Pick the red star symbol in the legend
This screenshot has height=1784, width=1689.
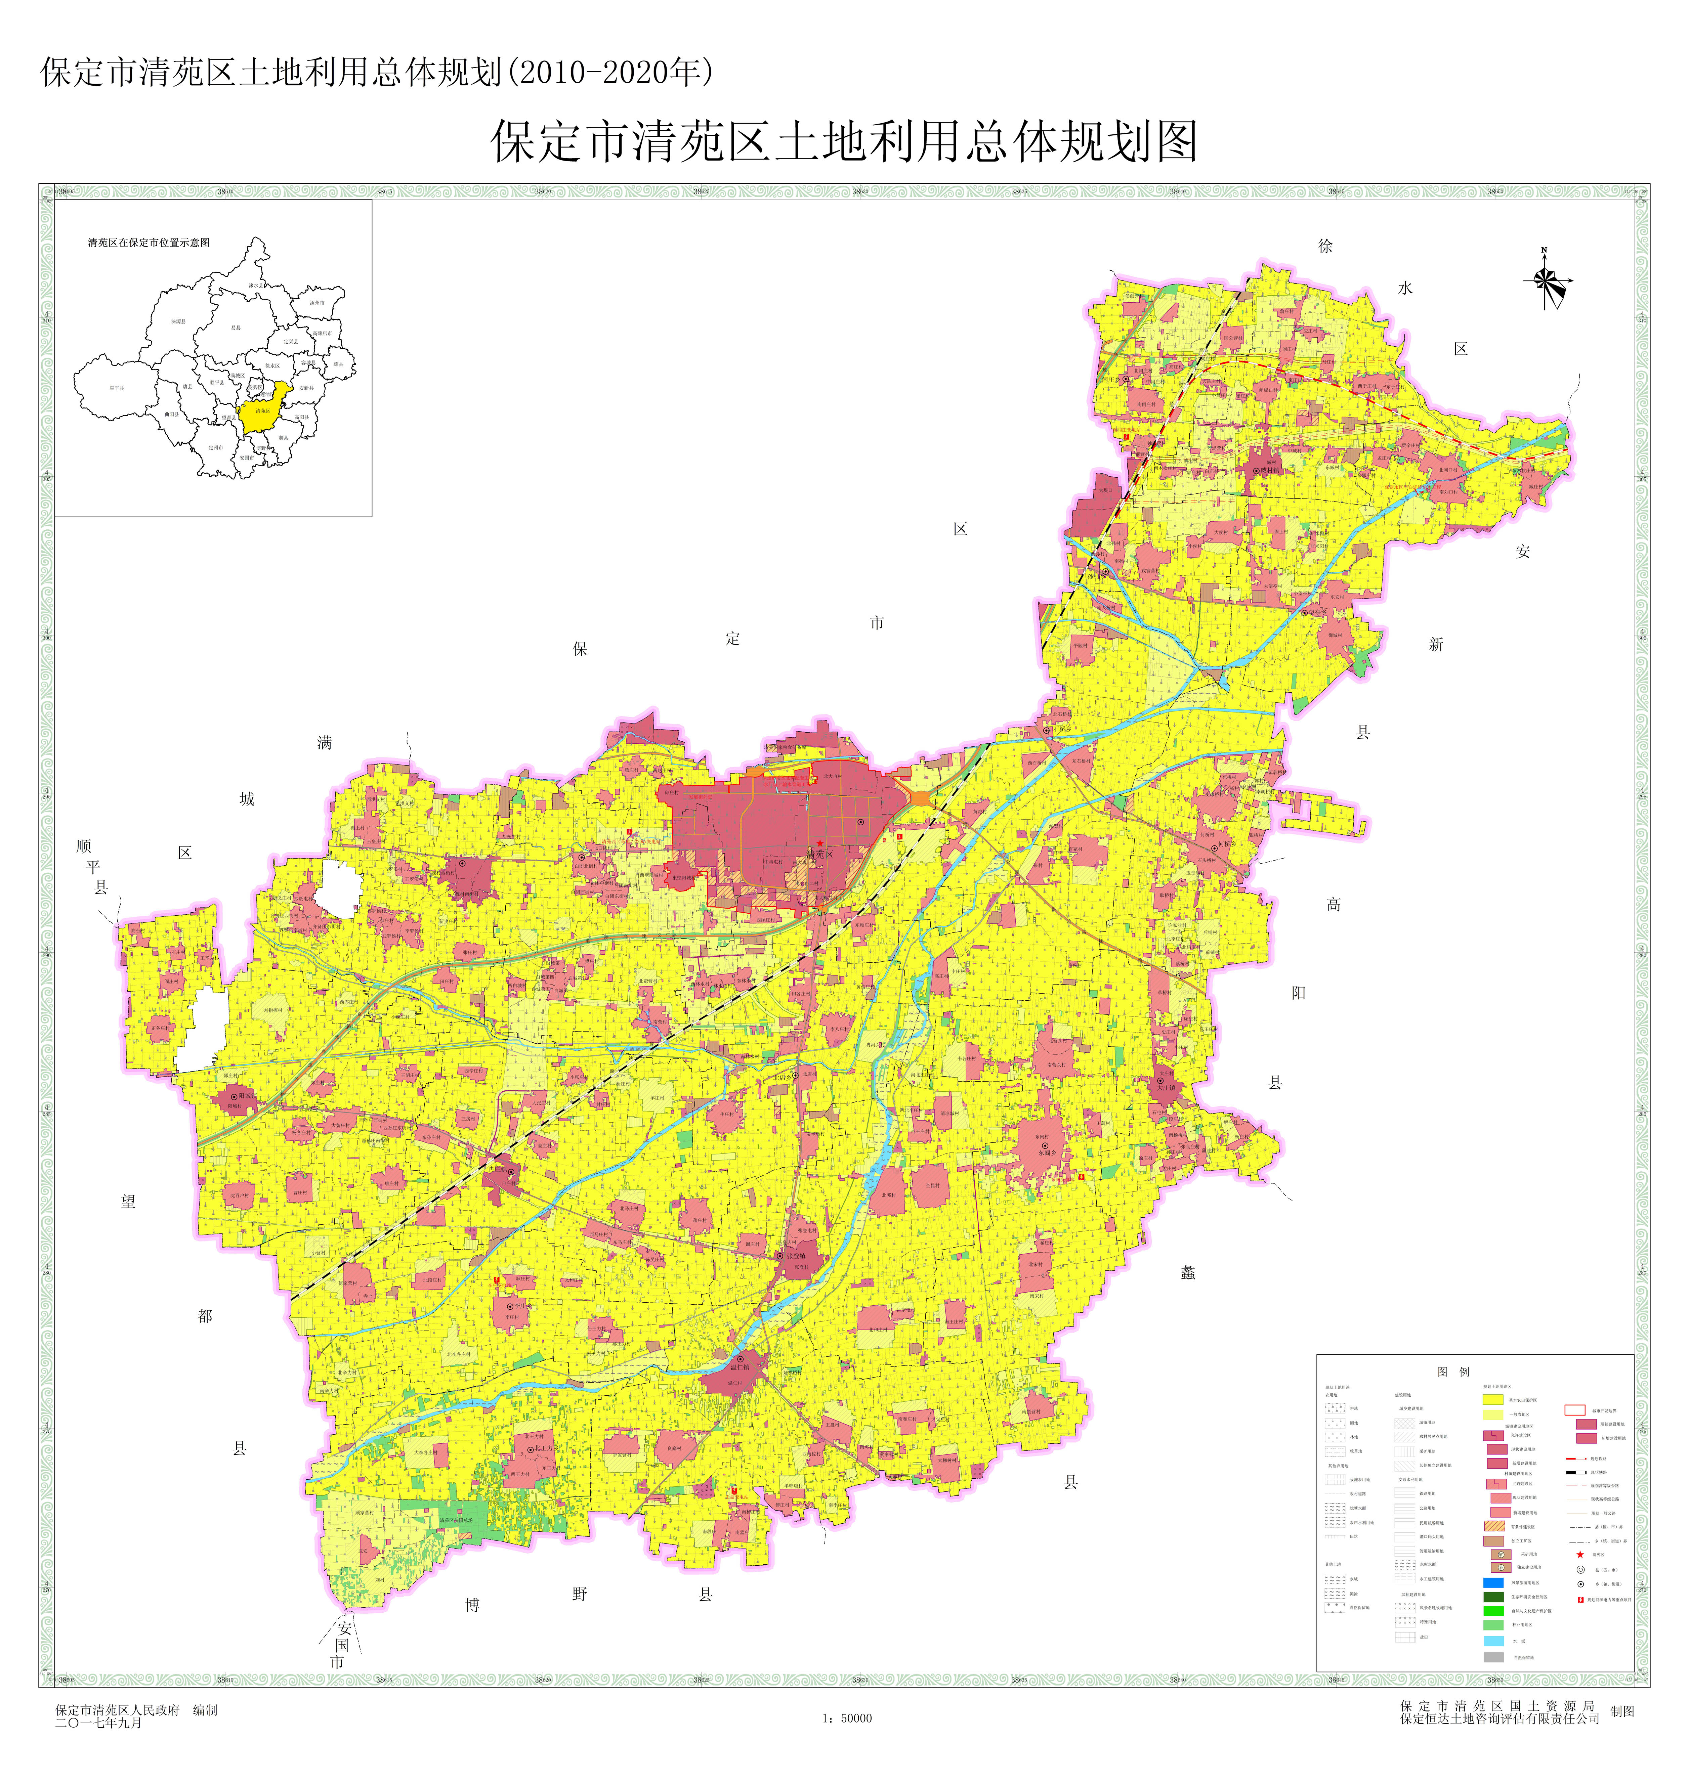[x=1580, y=1555]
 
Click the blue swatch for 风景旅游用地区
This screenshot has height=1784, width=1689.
[x=1494, y=1582]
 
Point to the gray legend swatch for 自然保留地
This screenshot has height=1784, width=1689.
[x=1494, y=1657]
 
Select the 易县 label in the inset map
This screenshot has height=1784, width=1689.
[x=236, y=328]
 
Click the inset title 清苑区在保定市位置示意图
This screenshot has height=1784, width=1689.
[x=149, y=243]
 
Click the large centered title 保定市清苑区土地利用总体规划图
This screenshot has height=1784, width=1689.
[x=844, y=142]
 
